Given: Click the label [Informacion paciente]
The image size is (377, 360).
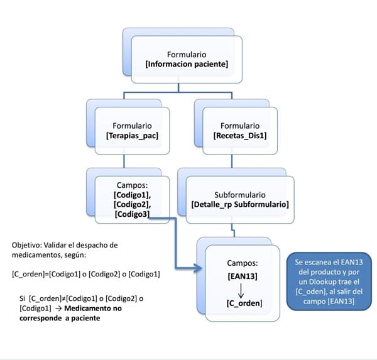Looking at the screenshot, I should click(x=187, y=64).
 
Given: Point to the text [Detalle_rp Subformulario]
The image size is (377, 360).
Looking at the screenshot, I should click(x=239, y=204).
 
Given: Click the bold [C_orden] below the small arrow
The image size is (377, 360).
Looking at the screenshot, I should click(x=244, y=303).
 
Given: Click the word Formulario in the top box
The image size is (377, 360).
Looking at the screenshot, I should click(x=187, y=54).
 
